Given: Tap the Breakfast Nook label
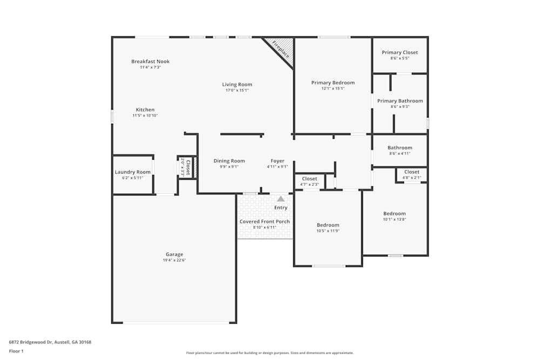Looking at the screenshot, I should [x=150, y=62].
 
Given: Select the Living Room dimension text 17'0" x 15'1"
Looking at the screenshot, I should [x=237, y=91].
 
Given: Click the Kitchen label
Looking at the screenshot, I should [x=145, y=110].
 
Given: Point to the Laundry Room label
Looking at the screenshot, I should [x=132, y=172].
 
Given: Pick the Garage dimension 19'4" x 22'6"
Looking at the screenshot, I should [x=174, y=260].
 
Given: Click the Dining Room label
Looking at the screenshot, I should [x=229, y=161].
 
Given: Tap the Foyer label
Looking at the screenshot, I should [x=277, y=161].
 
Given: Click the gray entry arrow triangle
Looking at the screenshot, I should [x=281, y=199].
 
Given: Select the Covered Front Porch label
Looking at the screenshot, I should [x=265, y=221].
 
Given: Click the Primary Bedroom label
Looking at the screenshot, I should [x=333, y=83].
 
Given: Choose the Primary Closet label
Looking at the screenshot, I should [x=400, y=52].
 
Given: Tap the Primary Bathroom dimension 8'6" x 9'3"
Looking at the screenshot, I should [x=400, y=107].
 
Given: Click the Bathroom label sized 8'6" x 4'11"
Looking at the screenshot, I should [x=400, y=147].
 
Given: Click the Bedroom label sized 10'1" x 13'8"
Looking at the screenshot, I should [x=394, y=213].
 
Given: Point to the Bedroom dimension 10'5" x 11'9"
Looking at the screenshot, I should [x=328, y=231].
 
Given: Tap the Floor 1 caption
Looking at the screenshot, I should [x=16, y=351].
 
